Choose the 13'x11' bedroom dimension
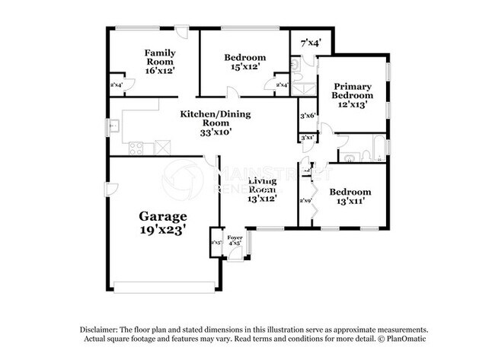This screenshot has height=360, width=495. (350, 202)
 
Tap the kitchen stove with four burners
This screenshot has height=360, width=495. (136, 148)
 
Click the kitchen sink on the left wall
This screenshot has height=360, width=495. (113, 126)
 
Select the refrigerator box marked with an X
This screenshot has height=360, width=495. (161, 147)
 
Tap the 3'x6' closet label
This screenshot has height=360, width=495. (308, 115)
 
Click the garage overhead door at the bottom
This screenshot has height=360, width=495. (164, 287)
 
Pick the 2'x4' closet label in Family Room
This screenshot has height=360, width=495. (117, 85)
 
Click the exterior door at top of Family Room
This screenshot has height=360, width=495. (181, 33)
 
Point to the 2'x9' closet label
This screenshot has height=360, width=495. (306, 200)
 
